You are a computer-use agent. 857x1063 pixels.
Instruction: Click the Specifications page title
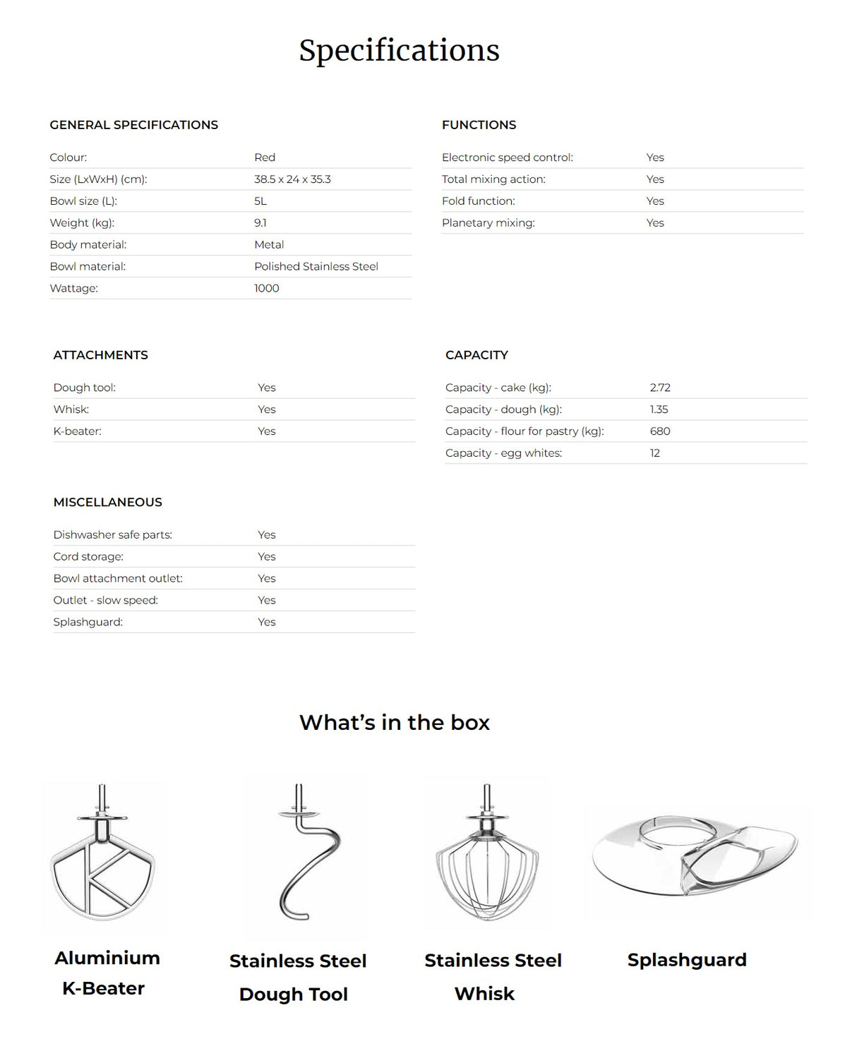[399, 50]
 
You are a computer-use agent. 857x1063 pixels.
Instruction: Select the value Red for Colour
[265, 157]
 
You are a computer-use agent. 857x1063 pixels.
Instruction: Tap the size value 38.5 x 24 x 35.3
[292, 179]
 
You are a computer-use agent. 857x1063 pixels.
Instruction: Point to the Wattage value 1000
[267, 288]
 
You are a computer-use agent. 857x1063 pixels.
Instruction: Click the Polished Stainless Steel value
[316, 266]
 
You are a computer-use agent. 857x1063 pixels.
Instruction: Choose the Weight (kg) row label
[82, 223]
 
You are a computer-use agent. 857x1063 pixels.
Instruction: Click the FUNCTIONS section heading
[479, 125]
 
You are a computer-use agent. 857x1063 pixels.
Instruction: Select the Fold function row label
[479, 201]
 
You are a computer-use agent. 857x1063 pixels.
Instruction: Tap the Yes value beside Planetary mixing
[655, 223]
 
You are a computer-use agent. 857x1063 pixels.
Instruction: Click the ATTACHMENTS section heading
[100, 355]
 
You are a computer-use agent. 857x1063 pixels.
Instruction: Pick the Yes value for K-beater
[267, 431]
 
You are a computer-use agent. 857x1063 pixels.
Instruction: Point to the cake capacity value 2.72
[660, 388]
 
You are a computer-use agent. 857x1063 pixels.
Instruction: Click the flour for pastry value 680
[660, 431]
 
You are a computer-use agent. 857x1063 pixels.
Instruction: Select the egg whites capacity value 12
[655, 453]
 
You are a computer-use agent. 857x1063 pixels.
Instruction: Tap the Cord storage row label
[88, 557]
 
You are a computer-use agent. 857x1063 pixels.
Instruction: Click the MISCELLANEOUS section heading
[107, 503]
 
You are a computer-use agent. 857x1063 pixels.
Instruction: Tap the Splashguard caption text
[687, 960]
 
